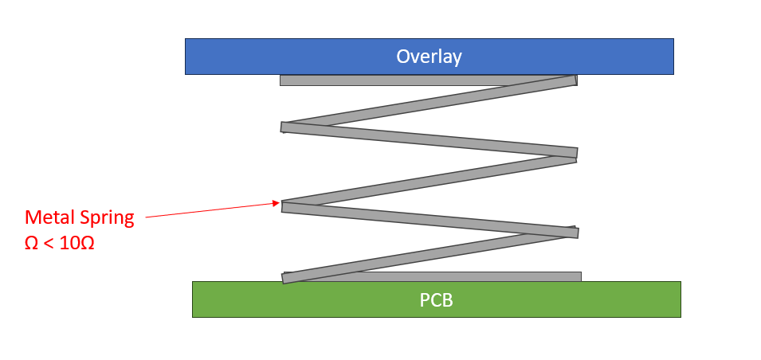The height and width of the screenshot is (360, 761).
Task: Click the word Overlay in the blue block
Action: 429,57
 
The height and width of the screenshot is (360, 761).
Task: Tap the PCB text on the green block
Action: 437,300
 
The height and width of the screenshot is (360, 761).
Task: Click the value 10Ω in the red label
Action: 76,243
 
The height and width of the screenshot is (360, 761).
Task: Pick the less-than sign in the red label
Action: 48,244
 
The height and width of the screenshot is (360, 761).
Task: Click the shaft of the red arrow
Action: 213,210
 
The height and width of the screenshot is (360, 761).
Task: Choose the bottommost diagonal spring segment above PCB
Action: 429,254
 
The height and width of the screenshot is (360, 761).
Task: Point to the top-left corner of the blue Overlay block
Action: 186,39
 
